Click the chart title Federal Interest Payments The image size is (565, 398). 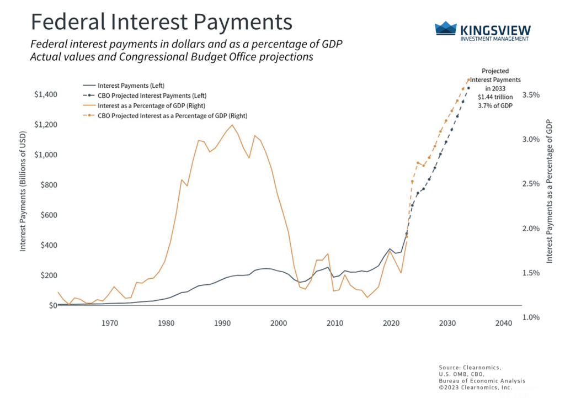pyautogui.click(x=161, y=22)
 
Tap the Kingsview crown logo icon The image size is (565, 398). pyautogui.click(x=446, y=29)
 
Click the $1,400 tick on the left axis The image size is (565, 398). pyautogui.click(x=45, y=94)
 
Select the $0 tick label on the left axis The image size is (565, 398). pyautogui.click(x=53, y=305)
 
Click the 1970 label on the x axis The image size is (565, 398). pyautogui.click(x=110, y=323)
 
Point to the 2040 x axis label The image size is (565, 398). pyautogui.click(x=503, y=323)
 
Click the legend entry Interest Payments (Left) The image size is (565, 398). pyautogui.click(x=131, y=86)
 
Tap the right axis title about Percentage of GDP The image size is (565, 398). pyautogui.click(x=550, y=190)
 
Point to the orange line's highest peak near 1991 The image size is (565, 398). pyautogui.click(x=232, y=125)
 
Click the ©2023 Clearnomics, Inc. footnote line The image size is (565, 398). pyautogui.click(x=476, y=388)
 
